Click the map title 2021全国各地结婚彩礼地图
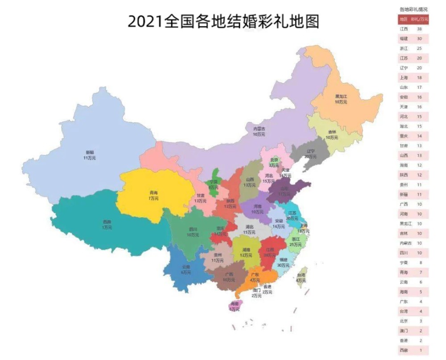click(x=223, y=21)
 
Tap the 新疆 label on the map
click(x=89, y=152)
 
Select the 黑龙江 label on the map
click(x=341, y=96)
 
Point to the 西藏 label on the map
click(x=107, y=222)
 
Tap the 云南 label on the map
click(x=186, y=267)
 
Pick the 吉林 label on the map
click(x=332, y=132)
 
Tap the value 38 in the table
click(x=419, y=29)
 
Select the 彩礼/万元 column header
click(x=420, y=19)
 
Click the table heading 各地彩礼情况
click(x=413, y=9)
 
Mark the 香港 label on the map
click(x=267, y=287)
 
